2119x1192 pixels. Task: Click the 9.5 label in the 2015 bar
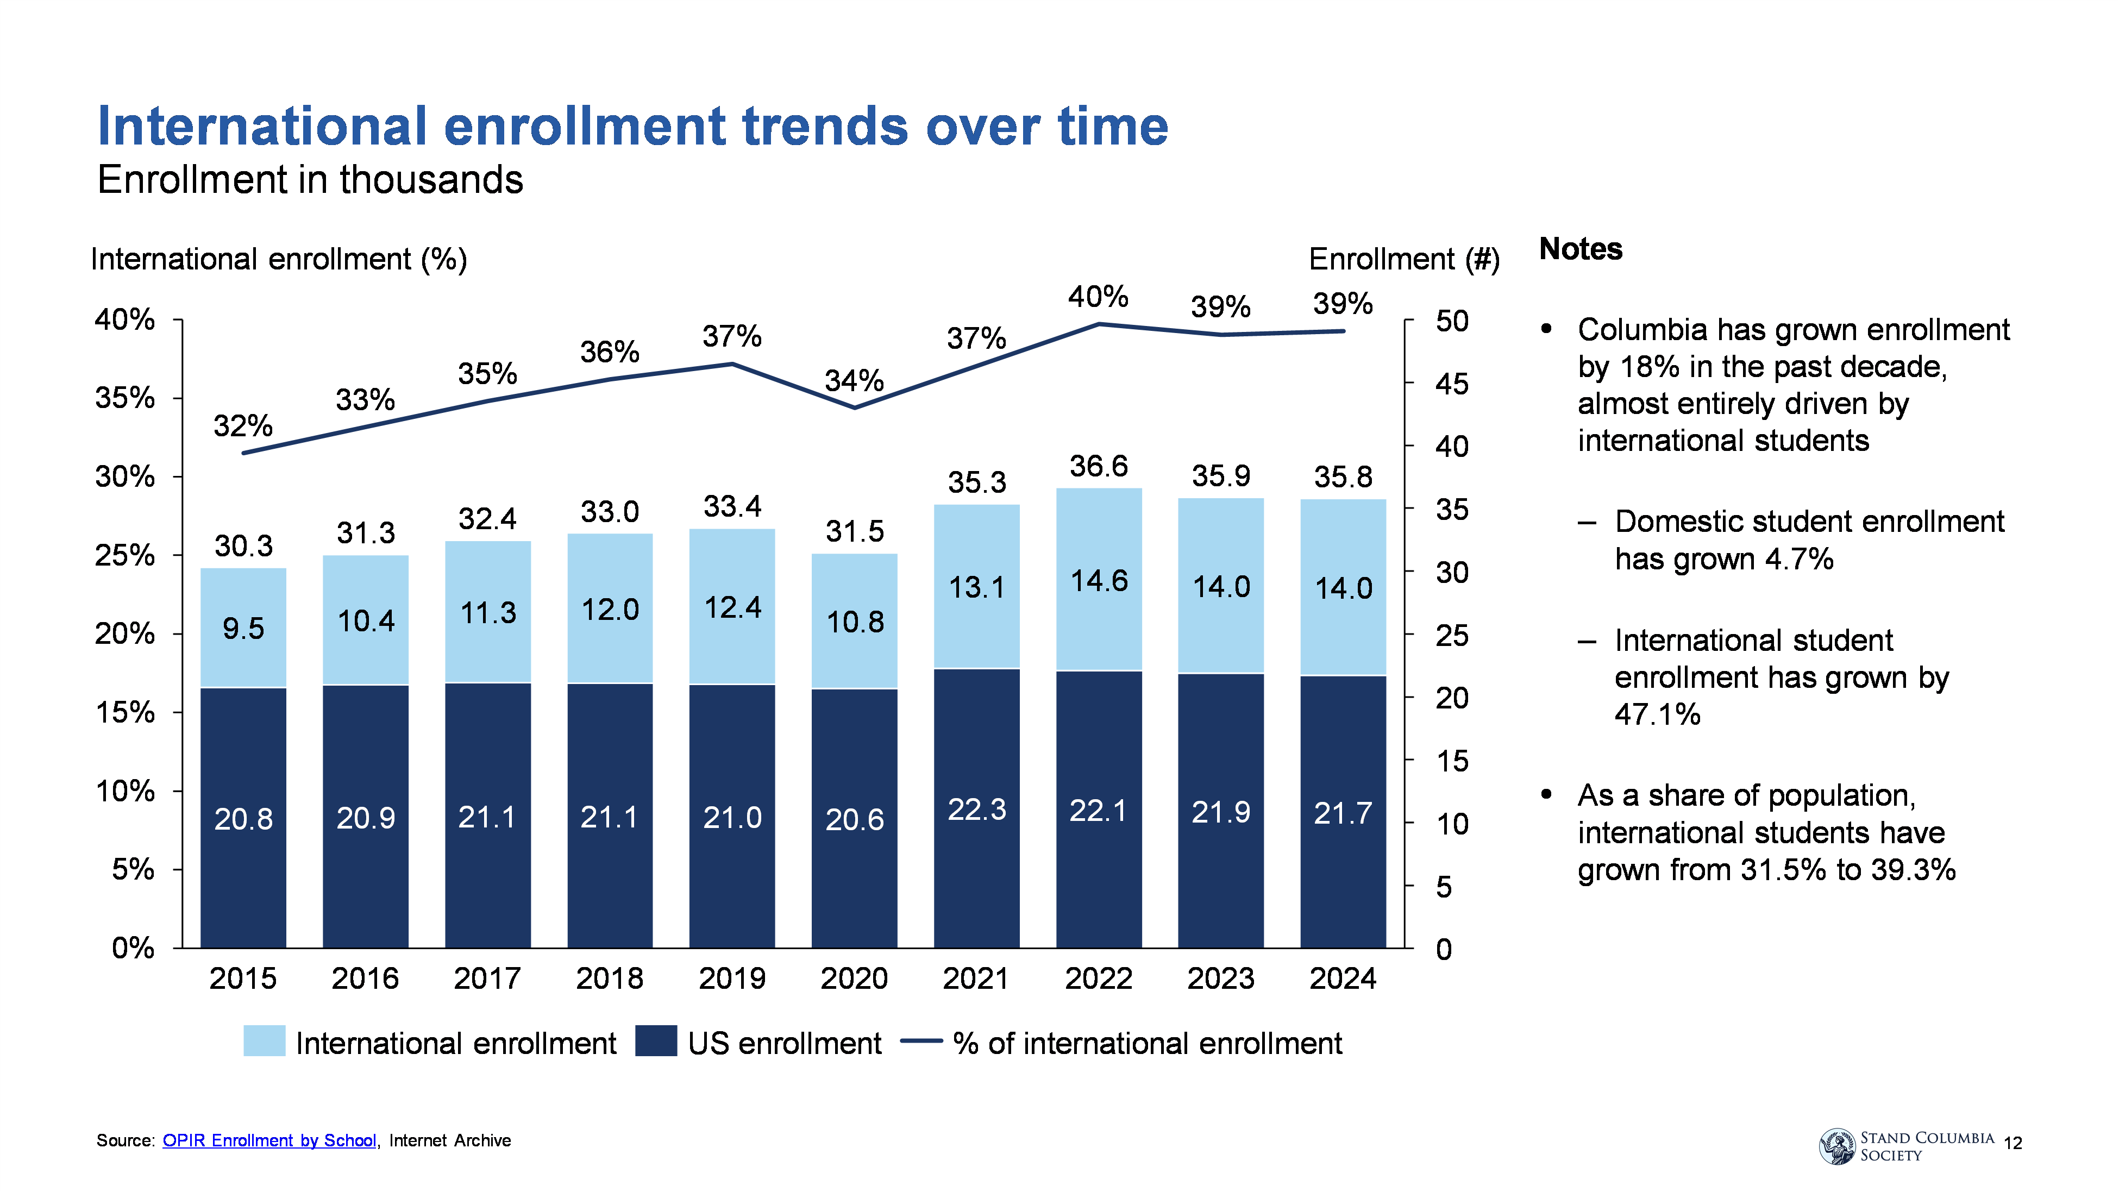click(x=243, y=629)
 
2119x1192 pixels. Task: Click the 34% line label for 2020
click(x=854, y=381)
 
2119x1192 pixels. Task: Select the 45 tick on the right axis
click(x=1452, y=384)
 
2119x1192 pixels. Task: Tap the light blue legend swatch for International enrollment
click(x=264, y=1042)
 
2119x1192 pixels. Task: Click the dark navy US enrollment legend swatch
click(x=656, y=1042)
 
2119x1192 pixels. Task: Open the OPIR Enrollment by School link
click(x=269, y=1140)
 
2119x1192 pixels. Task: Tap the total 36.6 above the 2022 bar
click(x=1099, y=467)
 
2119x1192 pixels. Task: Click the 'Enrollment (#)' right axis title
click(x=1404, y=260)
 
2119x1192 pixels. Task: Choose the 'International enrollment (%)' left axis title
click(x=279, y=260)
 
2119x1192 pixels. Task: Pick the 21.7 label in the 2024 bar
click(x=1343, y=813)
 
